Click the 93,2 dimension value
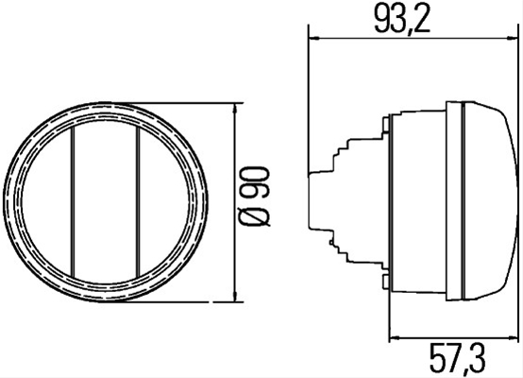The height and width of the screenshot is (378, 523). [402, 18]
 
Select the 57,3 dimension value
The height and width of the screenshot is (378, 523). [457, 359]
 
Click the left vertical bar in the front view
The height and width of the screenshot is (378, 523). [73, 201]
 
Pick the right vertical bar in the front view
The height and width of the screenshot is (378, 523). [138, 201]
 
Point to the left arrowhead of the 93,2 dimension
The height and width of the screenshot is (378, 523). [315, 39]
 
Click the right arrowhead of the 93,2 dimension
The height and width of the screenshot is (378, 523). [512, 39]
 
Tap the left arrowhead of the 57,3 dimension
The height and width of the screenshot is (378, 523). [396, 338]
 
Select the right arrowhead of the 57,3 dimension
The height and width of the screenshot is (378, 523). [512, 338]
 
